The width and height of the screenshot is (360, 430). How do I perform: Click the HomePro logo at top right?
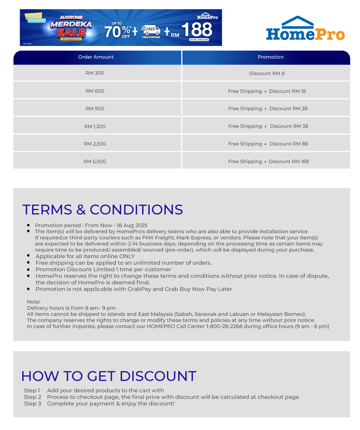tap(305, 29)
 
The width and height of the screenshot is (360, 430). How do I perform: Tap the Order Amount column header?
tap(96, 57)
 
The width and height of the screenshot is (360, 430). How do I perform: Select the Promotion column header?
tap(270, 57)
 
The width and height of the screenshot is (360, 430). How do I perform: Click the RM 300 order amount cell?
tap(95, 73)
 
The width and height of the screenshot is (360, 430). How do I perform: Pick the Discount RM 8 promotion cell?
tap(267, 74)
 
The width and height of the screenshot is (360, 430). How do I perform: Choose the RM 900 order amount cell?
tap(95, 109)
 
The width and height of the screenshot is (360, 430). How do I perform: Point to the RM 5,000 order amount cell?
tap(95, 161)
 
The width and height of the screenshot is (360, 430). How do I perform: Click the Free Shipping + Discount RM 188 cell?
tap(268, 161)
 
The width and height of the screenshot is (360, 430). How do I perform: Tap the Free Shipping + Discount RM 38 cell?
tap(268, 126)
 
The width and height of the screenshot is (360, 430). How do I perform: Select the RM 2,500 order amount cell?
tap(95, 144)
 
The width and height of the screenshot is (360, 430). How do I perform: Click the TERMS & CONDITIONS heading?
tap(102, 210)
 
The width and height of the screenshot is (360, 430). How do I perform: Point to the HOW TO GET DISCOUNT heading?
tap(109, 376)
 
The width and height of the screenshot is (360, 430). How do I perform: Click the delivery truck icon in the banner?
tap(150, 31)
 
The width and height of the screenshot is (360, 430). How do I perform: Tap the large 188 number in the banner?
tap(197, 30)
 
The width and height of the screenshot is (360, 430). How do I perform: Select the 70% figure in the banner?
tap(116, 32)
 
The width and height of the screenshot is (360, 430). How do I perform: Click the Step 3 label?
tap(32, 403)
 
